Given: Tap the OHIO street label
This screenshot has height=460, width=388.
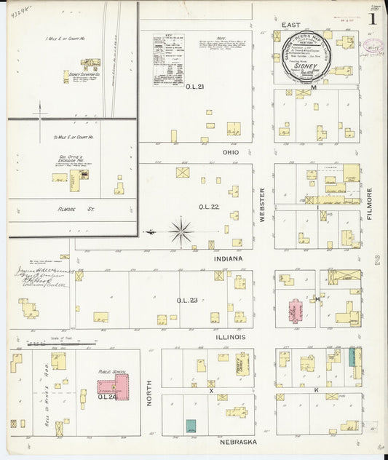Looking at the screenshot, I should (231, 153).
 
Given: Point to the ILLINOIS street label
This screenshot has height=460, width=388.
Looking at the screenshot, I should (230, 337).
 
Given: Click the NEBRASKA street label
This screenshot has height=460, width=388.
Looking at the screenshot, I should (232, 442).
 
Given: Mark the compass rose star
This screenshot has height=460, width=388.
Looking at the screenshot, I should (180, 231).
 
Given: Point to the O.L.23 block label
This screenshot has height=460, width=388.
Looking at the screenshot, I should (186, 300).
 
